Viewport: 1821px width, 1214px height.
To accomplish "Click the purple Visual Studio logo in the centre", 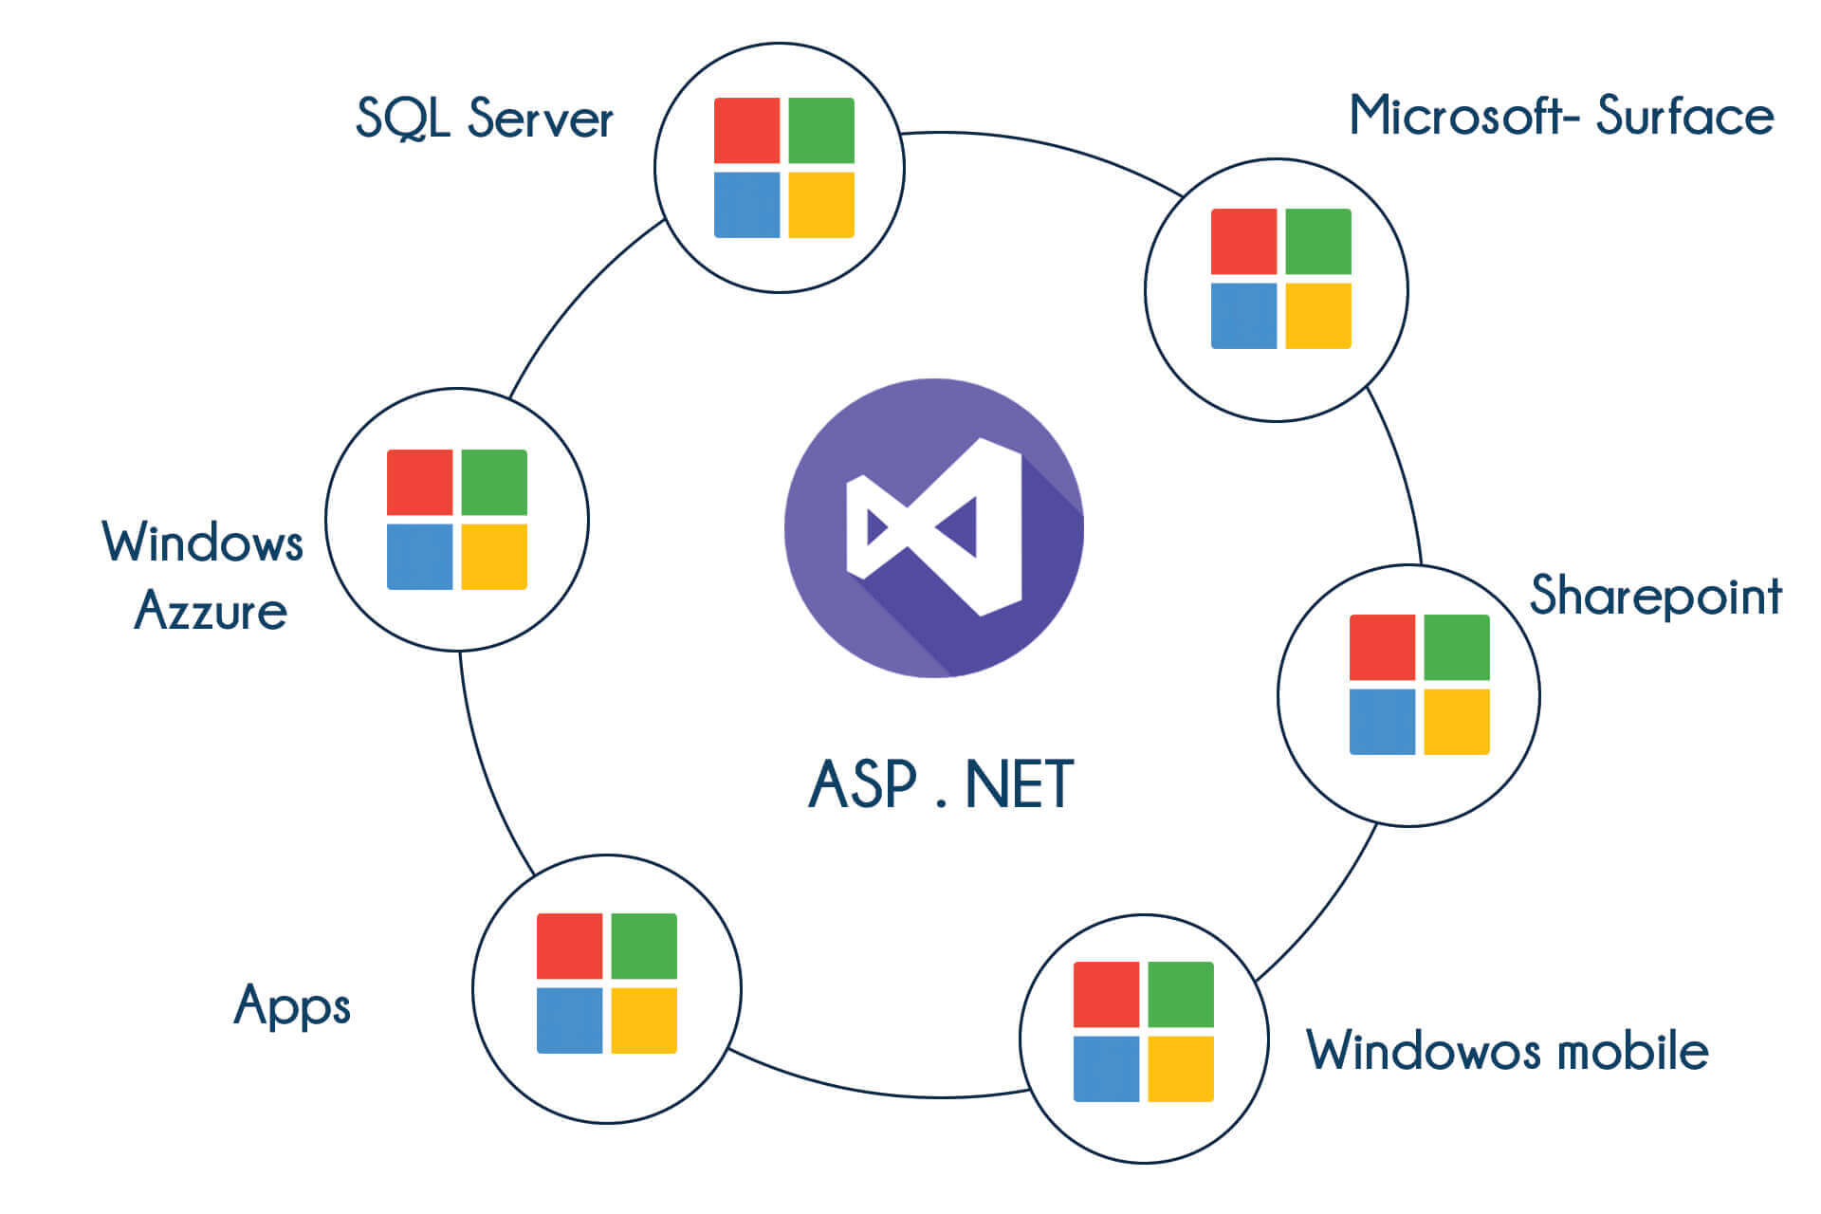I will coord(934,527).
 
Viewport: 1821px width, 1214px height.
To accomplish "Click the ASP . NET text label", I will coord(941,784).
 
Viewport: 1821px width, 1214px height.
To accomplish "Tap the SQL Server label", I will coord(485,119).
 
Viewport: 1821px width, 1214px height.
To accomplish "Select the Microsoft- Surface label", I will coord(1561,116).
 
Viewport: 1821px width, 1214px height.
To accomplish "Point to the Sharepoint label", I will coord(1656,596).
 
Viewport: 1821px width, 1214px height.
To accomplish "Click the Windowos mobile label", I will coord(1507,1050).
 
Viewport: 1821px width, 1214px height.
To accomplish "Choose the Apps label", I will coord(292,1005).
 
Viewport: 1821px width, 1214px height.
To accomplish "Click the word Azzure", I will coord(211,611).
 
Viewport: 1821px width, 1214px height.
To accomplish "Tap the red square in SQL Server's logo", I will coord(746,130).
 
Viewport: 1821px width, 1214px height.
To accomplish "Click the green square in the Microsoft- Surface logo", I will coord(1318,241).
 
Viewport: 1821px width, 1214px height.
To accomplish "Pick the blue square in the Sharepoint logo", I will coord(1382,722).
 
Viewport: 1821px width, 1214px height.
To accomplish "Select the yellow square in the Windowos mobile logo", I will coord(1181,1069).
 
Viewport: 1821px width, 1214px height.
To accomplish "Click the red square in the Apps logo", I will coord(569,946).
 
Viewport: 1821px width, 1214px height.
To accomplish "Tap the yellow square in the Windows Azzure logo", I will coord(494,557).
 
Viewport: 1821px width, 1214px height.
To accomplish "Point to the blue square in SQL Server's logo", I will coord(746,204).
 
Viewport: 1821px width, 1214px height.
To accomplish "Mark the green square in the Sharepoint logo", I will coord(1457,647).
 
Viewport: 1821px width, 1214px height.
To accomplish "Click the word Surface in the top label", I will coord(1684,116).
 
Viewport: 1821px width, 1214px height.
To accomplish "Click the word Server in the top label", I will coord(541,119).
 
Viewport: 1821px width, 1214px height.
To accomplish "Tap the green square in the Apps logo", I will coord(644,946).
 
